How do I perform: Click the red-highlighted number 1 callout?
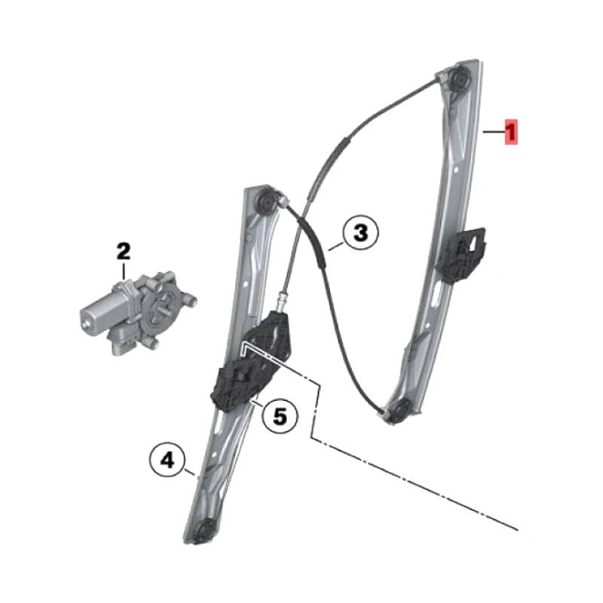(x=511, y=132)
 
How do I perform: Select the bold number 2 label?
(x=124, y=252)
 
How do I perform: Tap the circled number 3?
(x=360, y=233)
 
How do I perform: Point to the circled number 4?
(x=167, y=459)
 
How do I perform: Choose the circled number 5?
(x=280, y=416)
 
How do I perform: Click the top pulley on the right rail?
(x=461, y=80)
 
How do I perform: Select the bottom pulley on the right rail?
(x=400, y=410)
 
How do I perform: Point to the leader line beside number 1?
(x=494, y=132)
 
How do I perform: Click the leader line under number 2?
(x=124, y=272)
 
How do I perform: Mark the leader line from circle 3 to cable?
(x=336, y=246)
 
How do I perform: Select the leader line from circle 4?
(x=191, y=473)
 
